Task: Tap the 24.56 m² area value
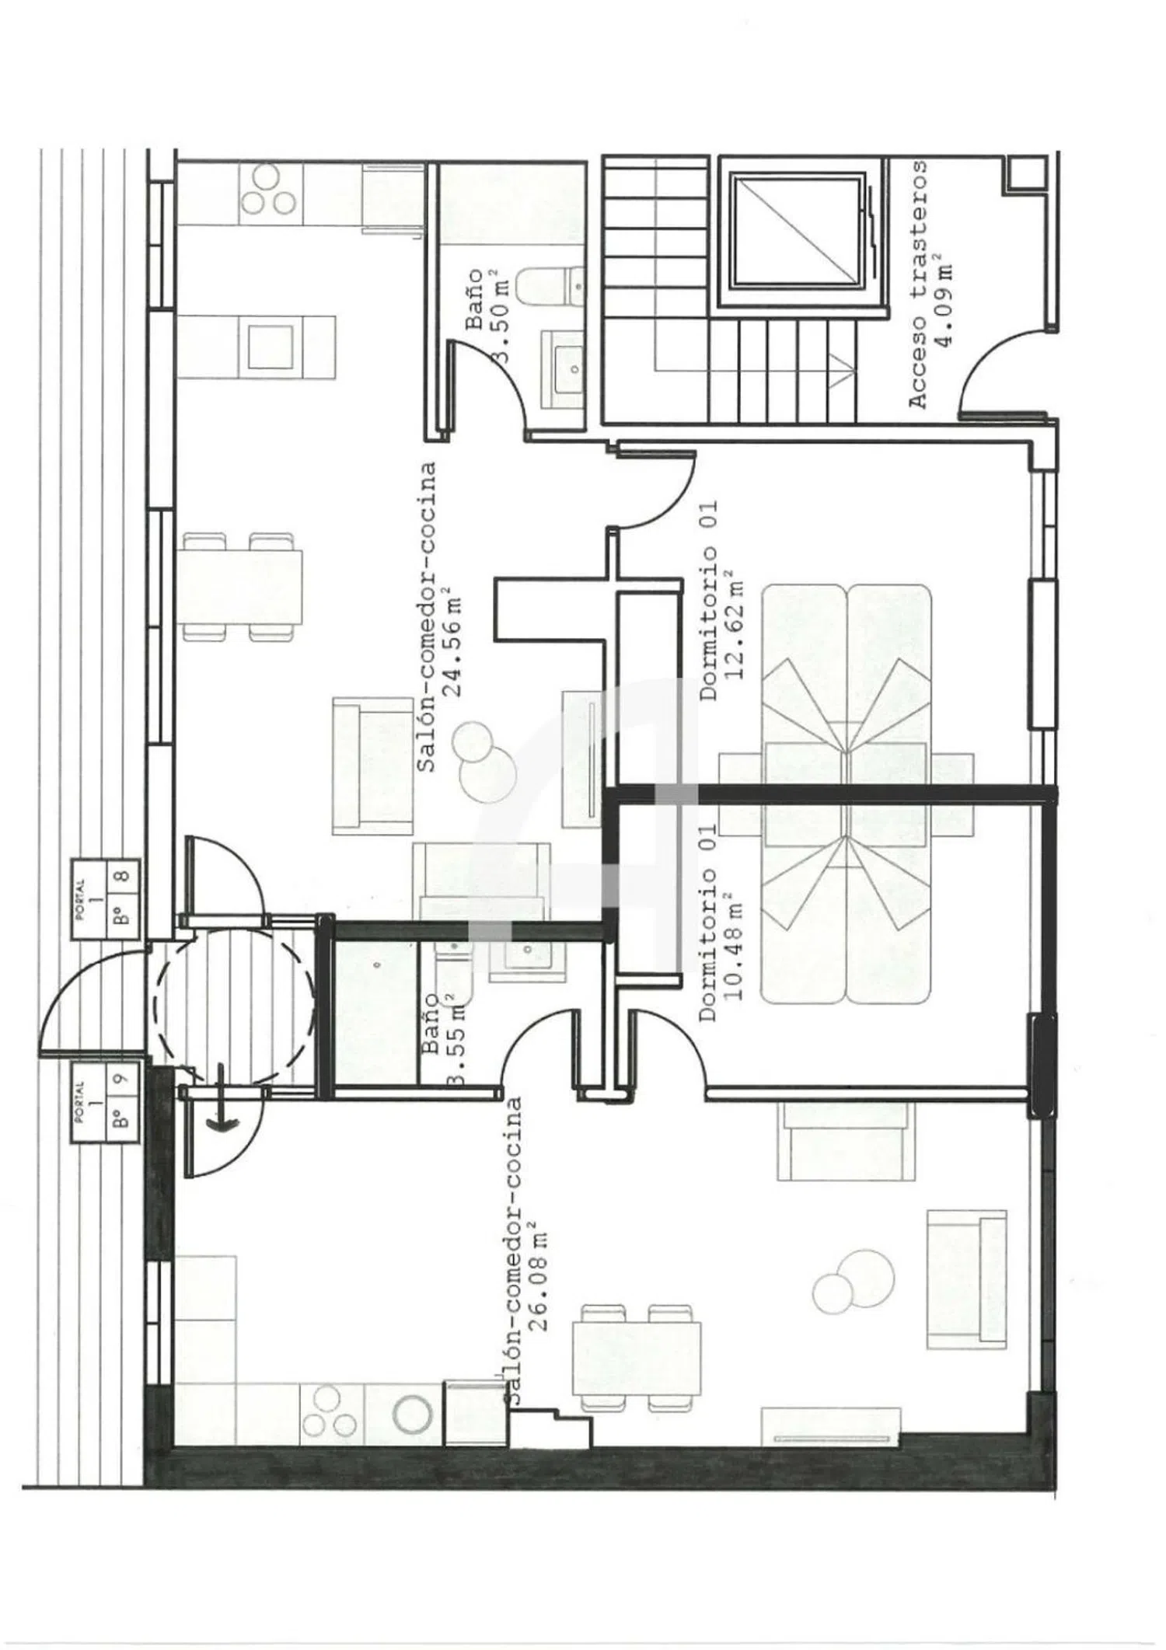453,647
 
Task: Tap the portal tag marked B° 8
106,899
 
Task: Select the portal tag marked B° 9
106,1103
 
